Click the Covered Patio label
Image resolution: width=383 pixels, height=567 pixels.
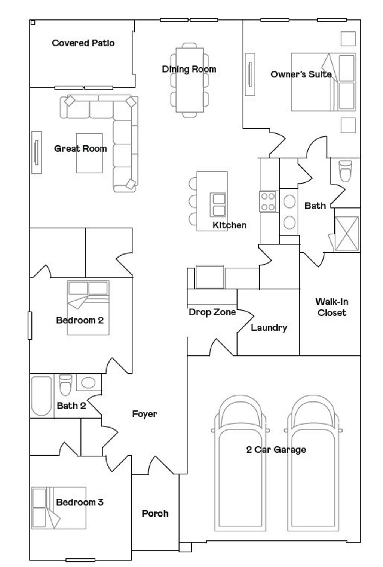click(x=83, y=43)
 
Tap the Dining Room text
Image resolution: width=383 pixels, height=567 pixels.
click(x=189, y=69)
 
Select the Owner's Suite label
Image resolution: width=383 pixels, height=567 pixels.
click(x=301, y=74)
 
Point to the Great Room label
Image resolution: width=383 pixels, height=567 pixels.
click(x=80, y=148)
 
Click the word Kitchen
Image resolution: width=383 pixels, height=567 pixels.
click(x=230, y=225)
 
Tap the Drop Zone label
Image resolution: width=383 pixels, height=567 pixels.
click(x=212, y=312)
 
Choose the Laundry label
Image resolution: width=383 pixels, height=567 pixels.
click(x=269, y=328)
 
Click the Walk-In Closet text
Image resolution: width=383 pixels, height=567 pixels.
click(x=332, y=307)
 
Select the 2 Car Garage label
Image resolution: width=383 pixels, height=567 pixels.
click(x=276, y=449)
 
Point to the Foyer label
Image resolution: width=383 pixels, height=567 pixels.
click(x=145, y=414)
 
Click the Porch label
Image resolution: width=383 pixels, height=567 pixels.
click(x=155, y=513)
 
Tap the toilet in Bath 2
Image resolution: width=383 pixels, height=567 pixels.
click(x=65, y=385)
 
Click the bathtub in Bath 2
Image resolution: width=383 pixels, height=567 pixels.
click(x=42, y=396)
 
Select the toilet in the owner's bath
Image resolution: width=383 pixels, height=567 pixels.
click(x=346, y=171)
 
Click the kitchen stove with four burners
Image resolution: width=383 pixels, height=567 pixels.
click(x=268, y=201)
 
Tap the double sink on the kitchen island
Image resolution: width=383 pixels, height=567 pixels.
click(x=218, y=205)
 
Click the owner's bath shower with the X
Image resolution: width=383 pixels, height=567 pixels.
click(x=346, y=233)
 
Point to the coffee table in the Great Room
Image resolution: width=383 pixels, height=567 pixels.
click(x=89, y=153)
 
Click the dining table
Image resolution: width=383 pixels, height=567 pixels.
click(x=190, y=80)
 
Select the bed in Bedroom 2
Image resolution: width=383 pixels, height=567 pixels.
click(x=88, y=308)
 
